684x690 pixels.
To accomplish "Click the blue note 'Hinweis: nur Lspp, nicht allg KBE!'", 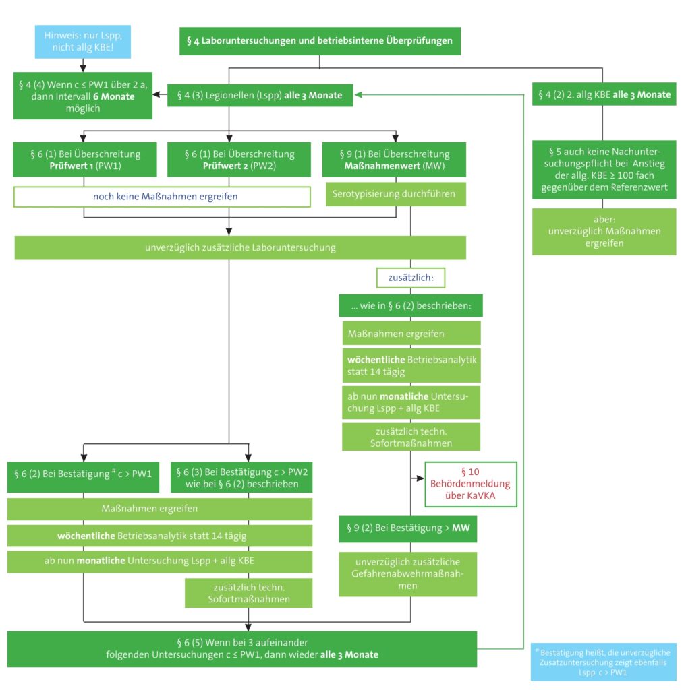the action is pos(83,41).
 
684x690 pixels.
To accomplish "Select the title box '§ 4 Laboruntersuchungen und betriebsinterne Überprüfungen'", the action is pos(320,41).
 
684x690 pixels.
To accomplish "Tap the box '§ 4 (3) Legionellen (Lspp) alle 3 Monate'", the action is pos(260,95).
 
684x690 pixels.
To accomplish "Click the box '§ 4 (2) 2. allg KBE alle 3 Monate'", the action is pos(604,94).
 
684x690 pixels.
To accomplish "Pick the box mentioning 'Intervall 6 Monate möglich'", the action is pos(83,96).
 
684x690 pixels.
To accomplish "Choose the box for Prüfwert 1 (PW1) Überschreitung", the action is pos(85,159).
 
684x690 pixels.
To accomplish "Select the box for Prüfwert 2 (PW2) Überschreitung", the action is pos(239,159).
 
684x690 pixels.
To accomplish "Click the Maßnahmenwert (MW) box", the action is pos(394,159).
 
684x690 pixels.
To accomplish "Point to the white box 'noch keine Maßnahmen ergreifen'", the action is pos(162,197).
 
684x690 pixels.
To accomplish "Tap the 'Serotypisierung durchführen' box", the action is pos(395,194).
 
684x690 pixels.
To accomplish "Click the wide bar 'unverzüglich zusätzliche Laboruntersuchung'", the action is pos(240,248).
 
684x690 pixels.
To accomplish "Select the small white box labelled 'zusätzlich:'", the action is pos(411,278).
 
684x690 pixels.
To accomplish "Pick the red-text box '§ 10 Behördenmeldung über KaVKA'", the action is pos(470,484).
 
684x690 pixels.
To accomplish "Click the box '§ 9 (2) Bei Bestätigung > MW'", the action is pos(408,528).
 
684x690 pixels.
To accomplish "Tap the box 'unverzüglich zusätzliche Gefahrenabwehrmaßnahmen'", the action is pos(408,574).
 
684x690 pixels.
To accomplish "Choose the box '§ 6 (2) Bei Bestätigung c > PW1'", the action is pos(83,477).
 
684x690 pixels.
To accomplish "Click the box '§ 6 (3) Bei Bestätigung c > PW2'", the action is pos(241,477).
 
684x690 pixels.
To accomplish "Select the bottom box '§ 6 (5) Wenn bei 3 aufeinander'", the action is pos(241,649).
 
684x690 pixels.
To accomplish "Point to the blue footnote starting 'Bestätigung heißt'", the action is pos(604,662).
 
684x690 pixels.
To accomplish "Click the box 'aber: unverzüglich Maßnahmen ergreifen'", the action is pos(604,232).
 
